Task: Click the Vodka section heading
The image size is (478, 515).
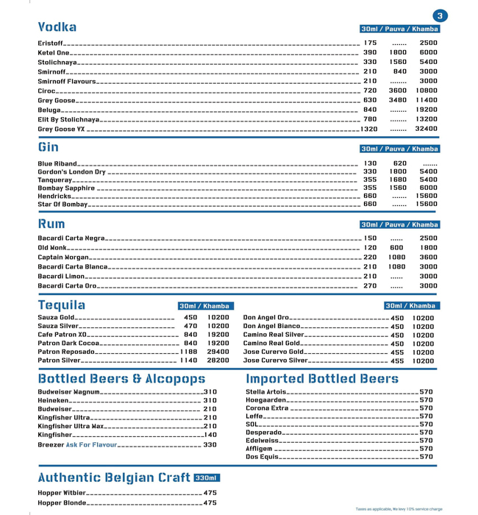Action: click(57, 27)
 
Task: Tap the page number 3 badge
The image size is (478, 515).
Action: click(440, 15)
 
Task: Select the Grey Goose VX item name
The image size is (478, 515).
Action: click(61, 129)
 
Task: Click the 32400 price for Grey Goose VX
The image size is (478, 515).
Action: click(426, 129)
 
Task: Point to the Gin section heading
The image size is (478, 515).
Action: click(49, 146)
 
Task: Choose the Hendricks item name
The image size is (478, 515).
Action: click(54, 196)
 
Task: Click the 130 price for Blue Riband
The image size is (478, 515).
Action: click(370, 163)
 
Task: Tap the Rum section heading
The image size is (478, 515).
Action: click(51, 223)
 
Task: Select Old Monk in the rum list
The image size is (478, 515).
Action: click(52, 248)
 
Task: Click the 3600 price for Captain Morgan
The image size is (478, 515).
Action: click(428, 257)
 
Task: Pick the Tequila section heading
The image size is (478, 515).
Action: click(62, 305)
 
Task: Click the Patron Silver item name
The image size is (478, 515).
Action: click(59, 360)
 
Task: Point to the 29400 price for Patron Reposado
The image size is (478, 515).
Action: click(218, 352)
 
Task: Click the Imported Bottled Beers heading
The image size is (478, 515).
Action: click(322, 379)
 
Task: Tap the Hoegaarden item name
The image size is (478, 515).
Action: click(265, 400)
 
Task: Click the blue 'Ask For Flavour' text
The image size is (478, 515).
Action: click(91, 445)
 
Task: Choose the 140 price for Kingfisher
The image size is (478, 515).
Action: click(210, 435)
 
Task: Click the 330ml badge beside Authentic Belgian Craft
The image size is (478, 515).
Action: click(207, 478)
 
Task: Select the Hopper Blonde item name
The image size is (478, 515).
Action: click(62, 503)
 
